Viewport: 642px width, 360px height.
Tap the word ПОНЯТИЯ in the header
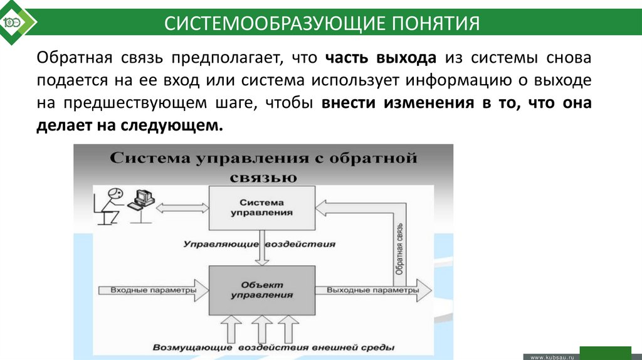(436, 24)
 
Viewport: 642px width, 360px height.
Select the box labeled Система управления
(261, 208)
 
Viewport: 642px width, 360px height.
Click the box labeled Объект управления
(261, 289)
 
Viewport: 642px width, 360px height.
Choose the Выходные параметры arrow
(373, 290)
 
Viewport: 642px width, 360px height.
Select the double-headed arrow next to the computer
(182, 207)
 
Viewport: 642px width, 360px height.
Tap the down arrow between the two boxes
(261, 253)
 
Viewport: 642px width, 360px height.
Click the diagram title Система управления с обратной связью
(263, 166)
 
